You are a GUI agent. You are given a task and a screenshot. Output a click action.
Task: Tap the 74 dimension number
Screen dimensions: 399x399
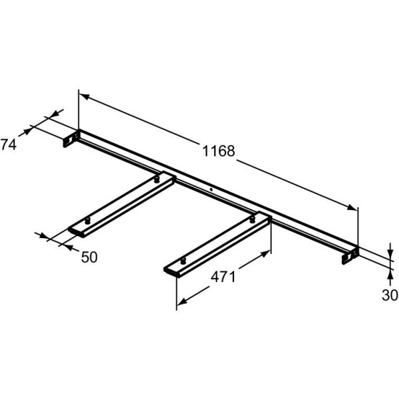[9, 144]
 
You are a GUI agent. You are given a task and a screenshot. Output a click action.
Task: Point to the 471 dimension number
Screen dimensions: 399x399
[223, 277]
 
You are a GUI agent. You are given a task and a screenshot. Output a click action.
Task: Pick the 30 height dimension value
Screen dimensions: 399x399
[390, 295]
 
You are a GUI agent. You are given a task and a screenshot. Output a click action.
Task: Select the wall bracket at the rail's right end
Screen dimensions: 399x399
[350, 256]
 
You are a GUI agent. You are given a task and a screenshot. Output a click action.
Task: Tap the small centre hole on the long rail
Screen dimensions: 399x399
[211, 190]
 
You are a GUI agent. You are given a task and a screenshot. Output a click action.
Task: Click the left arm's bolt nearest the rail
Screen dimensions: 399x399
[156, 178]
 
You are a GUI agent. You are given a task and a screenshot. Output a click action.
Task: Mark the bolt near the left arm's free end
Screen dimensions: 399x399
[87, 219]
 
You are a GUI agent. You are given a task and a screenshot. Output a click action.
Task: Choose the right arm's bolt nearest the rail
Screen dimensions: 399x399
[252, 217]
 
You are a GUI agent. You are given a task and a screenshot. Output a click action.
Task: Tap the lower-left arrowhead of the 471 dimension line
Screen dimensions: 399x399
[180, 305]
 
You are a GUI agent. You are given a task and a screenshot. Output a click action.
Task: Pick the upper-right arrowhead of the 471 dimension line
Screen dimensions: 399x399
[267, 253]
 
